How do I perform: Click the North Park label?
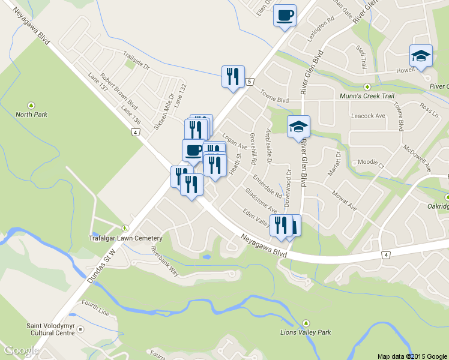point(31,114)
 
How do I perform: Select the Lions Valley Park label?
point(306,332)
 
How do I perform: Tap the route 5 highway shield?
point(249,80)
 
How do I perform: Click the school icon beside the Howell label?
point(421,56)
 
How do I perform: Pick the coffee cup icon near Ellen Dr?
point(285,14)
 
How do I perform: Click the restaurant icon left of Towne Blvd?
point(232,76)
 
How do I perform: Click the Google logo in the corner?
point(21,350)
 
